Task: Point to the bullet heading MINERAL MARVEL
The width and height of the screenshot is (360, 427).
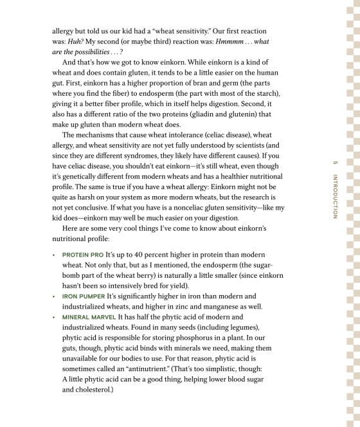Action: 89,317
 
